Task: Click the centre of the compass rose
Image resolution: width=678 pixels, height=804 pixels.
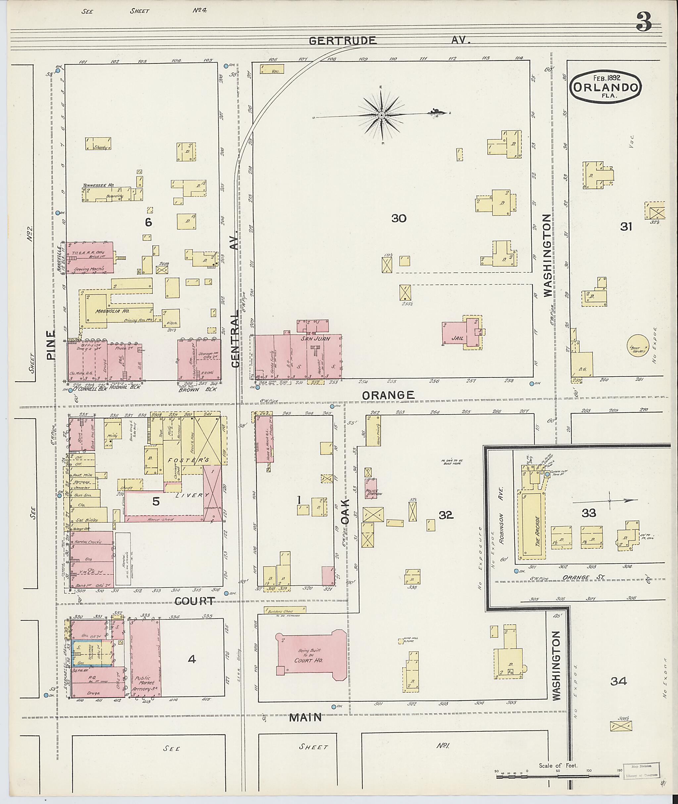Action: (381, 115)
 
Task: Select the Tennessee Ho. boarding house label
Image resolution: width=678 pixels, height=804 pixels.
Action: (99, 186)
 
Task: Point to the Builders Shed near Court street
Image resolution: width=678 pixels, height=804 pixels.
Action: (284, 611)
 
